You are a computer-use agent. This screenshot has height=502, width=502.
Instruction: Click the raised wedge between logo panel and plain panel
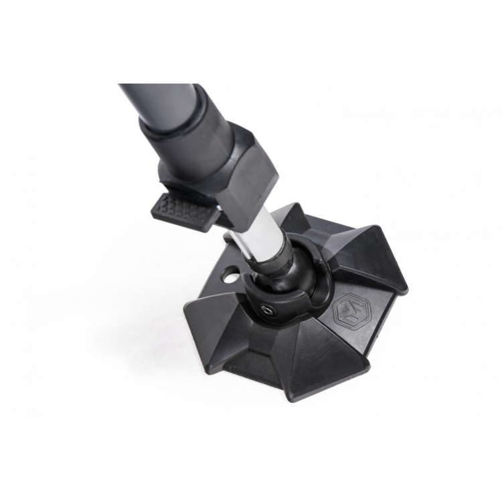328,361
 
